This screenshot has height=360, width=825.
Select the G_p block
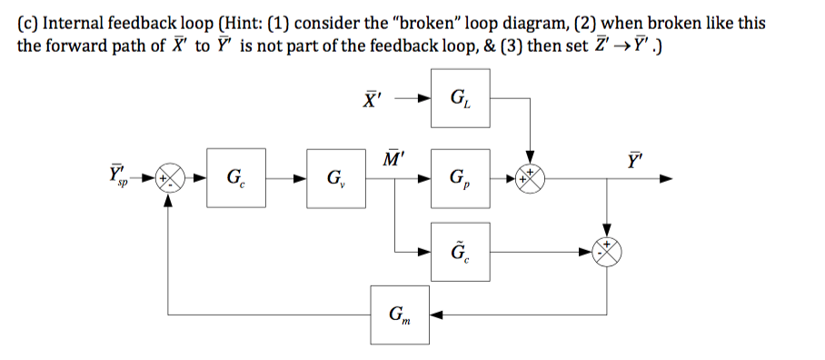pos(460,176)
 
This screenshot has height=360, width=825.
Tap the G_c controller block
pos(234,176)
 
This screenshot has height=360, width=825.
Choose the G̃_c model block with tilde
pos(460,246)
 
